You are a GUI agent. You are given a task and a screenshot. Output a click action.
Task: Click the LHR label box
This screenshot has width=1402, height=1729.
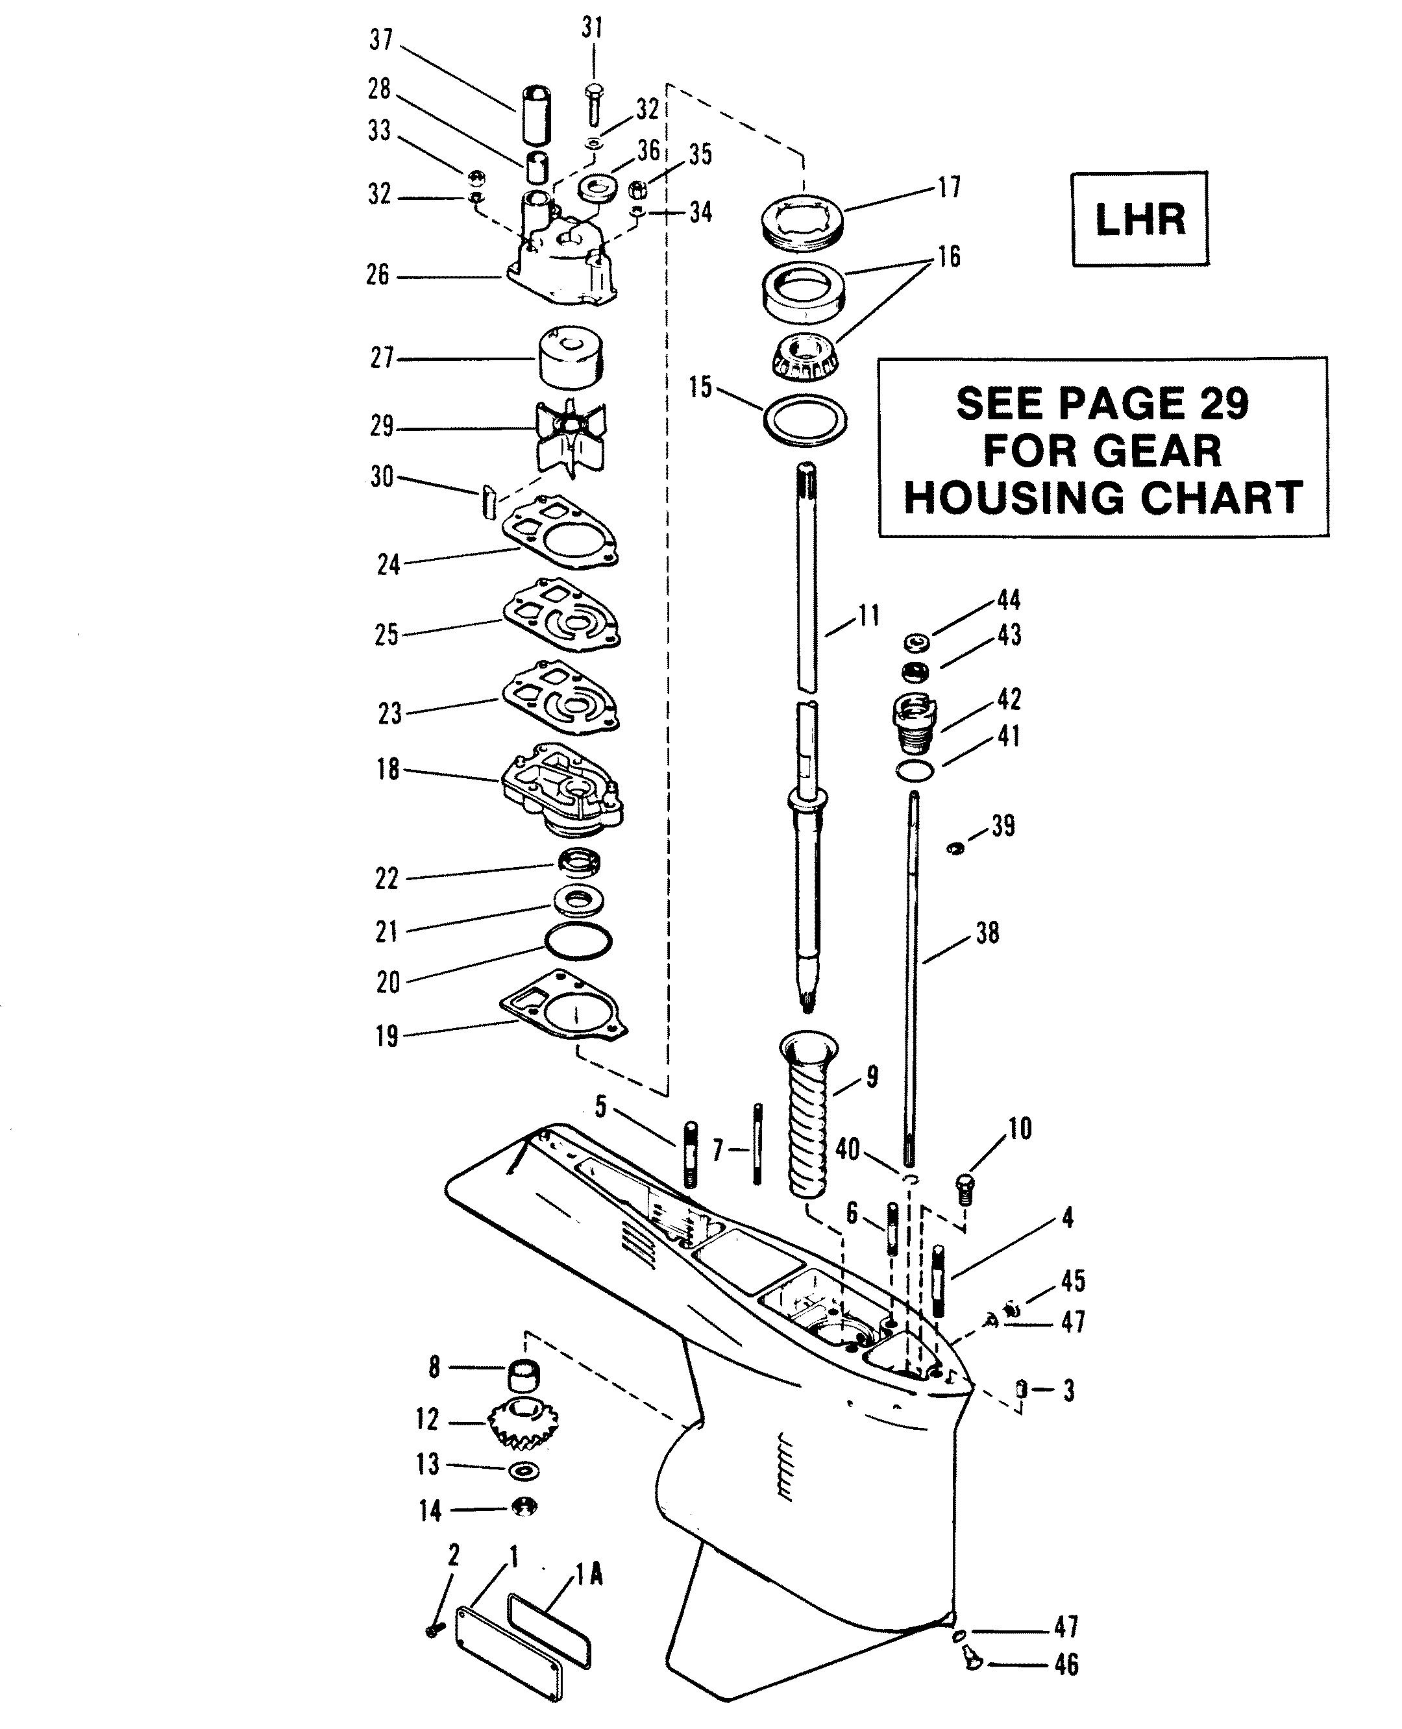point(1140,219)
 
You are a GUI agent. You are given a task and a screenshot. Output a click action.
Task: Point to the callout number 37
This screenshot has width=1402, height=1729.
point(381,40)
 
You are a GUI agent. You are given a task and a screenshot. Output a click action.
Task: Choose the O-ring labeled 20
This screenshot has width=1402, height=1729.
point(578,942)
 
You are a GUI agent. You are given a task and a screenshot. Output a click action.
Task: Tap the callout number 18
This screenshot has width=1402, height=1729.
point(387,770)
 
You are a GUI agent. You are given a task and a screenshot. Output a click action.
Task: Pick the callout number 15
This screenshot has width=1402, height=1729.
point(701,387)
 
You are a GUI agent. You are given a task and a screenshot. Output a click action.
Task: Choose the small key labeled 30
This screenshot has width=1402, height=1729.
point(489,502)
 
